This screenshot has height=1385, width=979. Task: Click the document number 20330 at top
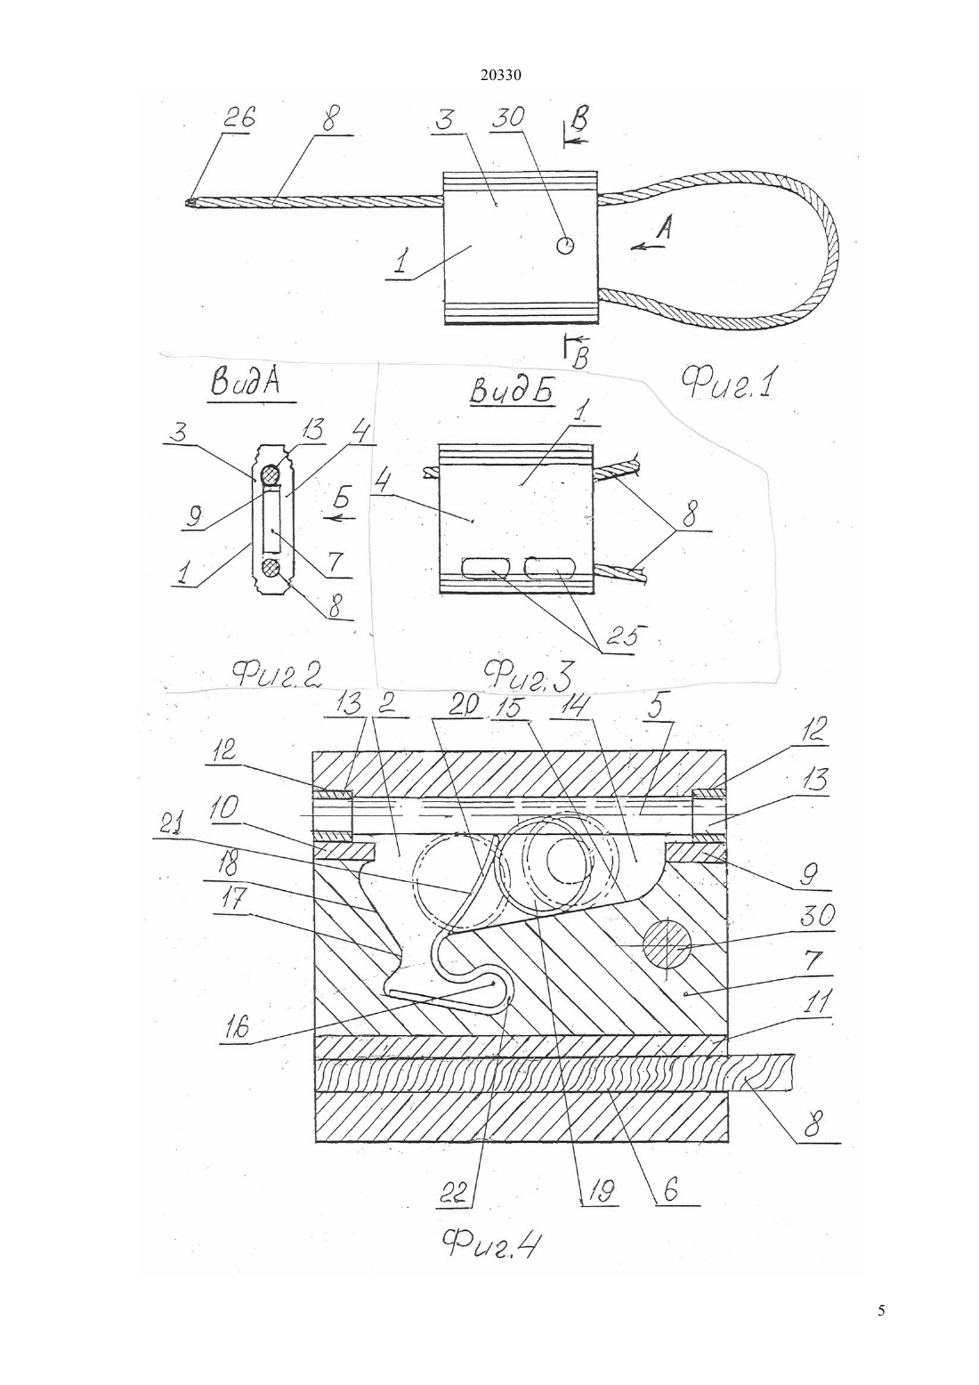500,76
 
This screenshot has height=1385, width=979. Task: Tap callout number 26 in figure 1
238,117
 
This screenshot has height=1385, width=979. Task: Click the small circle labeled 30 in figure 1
565,246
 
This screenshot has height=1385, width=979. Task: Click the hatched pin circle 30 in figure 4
667,946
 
